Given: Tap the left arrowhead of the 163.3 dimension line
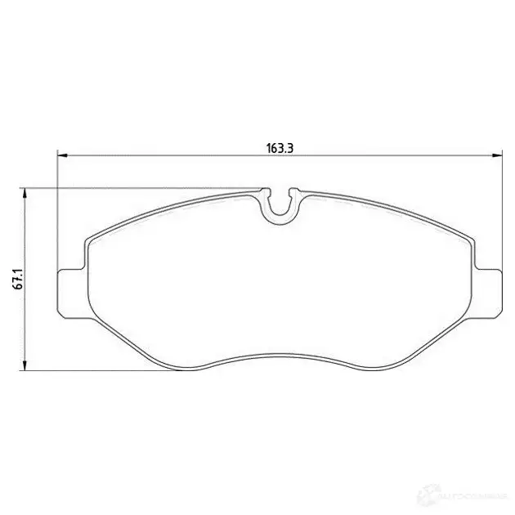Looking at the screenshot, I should coord(61,155).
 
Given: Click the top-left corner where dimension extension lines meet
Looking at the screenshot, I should coord(56,189).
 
